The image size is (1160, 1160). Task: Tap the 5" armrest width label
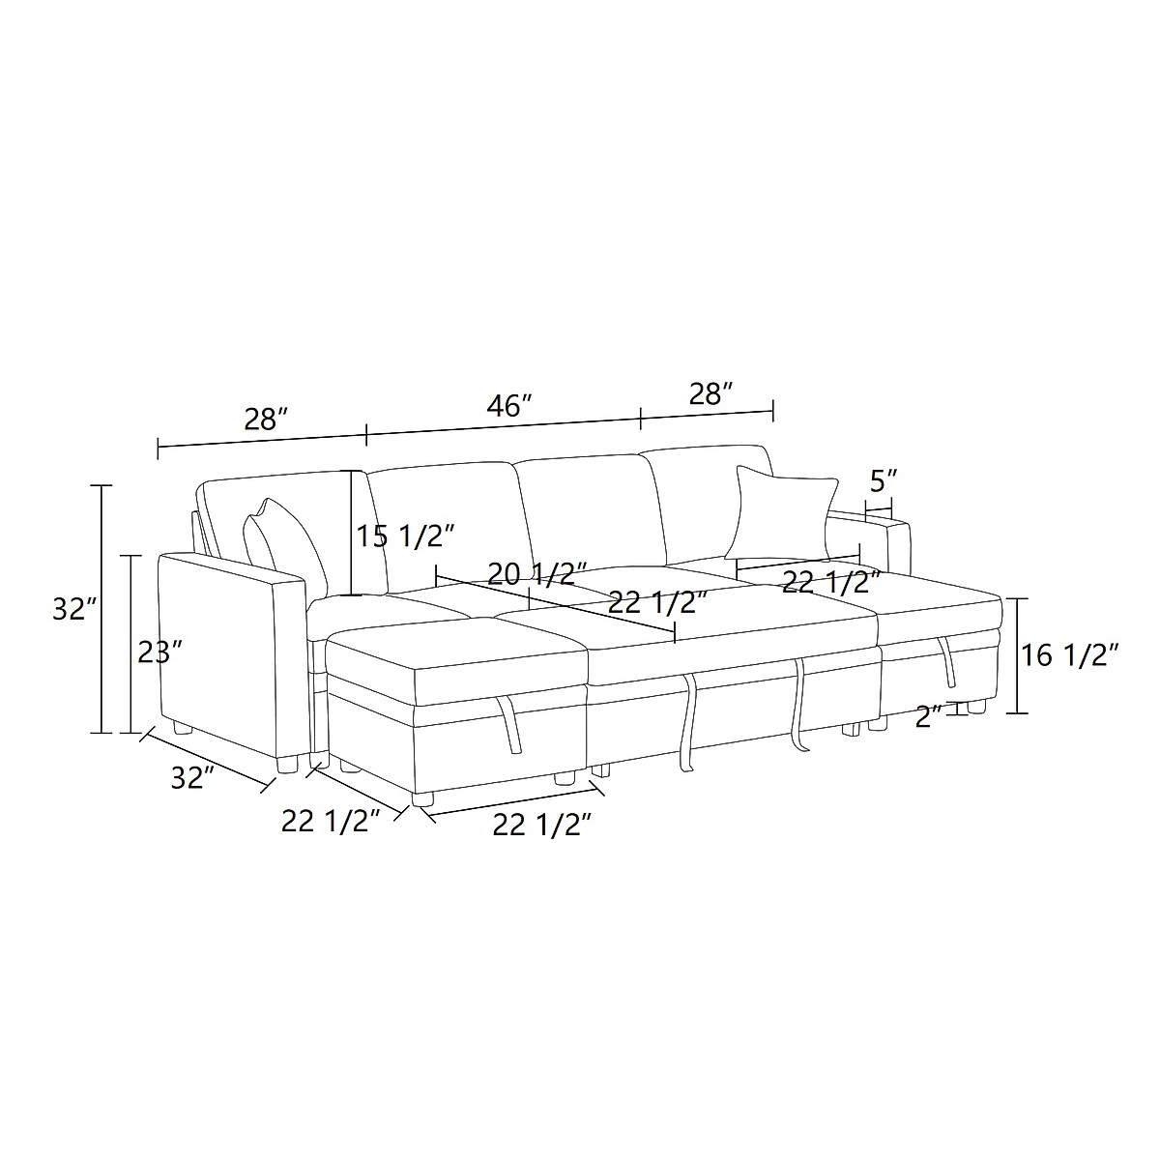(884, 481)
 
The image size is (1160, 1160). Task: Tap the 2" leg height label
(929, 715)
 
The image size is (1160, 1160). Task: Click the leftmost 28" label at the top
(267, 420)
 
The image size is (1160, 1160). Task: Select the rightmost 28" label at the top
(710, 393)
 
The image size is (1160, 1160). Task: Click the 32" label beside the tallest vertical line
(74, 609)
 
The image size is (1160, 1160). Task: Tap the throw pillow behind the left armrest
(285, 546)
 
